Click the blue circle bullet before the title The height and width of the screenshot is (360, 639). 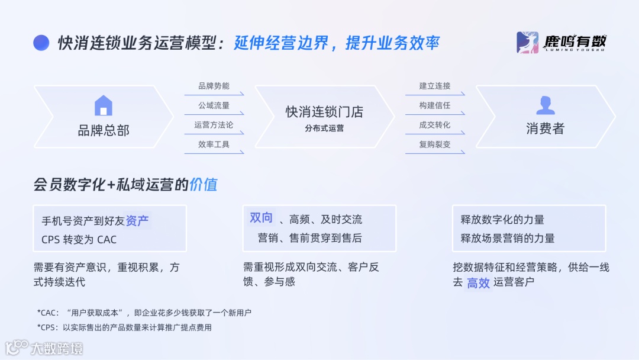click(x=41, y=43)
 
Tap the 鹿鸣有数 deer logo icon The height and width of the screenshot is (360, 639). click(x=527, y=43)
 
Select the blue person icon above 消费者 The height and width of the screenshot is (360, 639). click(x=545, y=105)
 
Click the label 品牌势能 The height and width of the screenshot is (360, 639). click(x=214, y=86)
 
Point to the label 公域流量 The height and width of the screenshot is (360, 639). click(x=214, y=106)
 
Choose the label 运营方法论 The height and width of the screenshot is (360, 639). click(x=214, y=125)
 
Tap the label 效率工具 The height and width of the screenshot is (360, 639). click(x=214, y=144)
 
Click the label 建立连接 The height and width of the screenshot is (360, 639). click(x=435, y=86)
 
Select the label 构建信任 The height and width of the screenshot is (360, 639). click(x=435, y=106)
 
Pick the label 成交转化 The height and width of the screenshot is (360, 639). click(x=435, y=125)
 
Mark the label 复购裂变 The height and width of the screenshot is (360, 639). click(x=435, y=144)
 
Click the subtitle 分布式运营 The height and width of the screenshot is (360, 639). click(x=324, y=128)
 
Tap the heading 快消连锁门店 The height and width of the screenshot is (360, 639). click(x=324, y=112)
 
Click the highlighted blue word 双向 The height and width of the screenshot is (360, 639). click(x=261, y=218)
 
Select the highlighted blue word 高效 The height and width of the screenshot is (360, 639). click(x=478, y=283)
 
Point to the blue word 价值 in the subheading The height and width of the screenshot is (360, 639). click(x=203, y=185)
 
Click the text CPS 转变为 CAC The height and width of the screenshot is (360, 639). click(x=79, y=240)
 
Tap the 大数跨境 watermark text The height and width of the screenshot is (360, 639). click(x=57, y=348)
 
